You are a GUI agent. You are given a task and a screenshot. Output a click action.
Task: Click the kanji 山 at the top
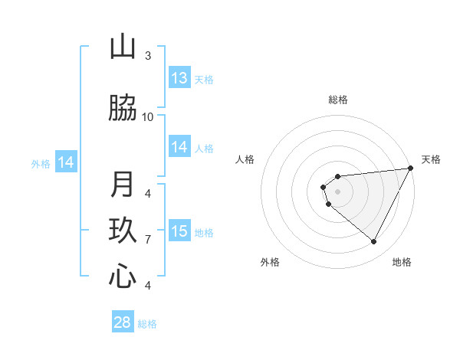pos(123,47)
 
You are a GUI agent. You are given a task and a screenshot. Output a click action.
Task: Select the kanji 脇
pos(123,109)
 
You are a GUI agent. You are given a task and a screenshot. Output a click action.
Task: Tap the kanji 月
pos(123,185)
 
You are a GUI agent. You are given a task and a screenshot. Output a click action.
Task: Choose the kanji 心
pos(123,276)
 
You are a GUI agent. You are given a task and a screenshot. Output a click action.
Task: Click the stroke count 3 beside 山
pos(148,55)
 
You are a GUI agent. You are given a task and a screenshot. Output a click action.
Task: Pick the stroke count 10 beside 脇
pos(148,116)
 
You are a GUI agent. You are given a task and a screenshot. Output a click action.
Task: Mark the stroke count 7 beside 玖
pos(148,240)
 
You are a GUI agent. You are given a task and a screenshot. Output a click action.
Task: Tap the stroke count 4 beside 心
pos(148,286)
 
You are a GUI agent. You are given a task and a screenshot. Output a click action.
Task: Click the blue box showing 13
pos(179,78)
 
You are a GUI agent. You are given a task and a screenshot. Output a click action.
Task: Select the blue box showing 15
pos(179,231)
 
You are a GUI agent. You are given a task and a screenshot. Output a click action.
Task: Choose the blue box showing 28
pos(123,322)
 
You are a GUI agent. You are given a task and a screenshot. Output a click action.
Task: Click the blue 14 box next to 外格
pos(66,162)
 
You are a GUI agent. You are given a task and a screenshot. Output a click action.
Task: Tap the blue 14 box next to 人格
pos(179,148)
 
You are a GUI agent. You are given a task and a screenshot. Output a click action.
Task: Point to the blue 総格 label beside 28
pos(147,324)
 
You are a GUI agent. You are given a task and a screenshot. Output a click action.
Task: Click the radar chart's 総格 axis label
pos(338,100)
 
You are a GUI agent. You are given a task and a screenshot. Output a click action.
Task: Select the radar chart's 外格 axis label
pos(270,262)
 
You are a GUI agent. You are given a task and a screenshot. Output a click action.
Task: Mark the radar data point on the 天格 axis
pos(411,169)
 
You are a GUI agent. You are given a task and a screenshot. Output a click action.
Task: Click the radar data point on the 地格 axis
pos(373,242)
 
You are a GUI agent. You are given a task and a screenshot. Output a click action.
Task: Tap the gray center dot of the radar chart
pos(337,191)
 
